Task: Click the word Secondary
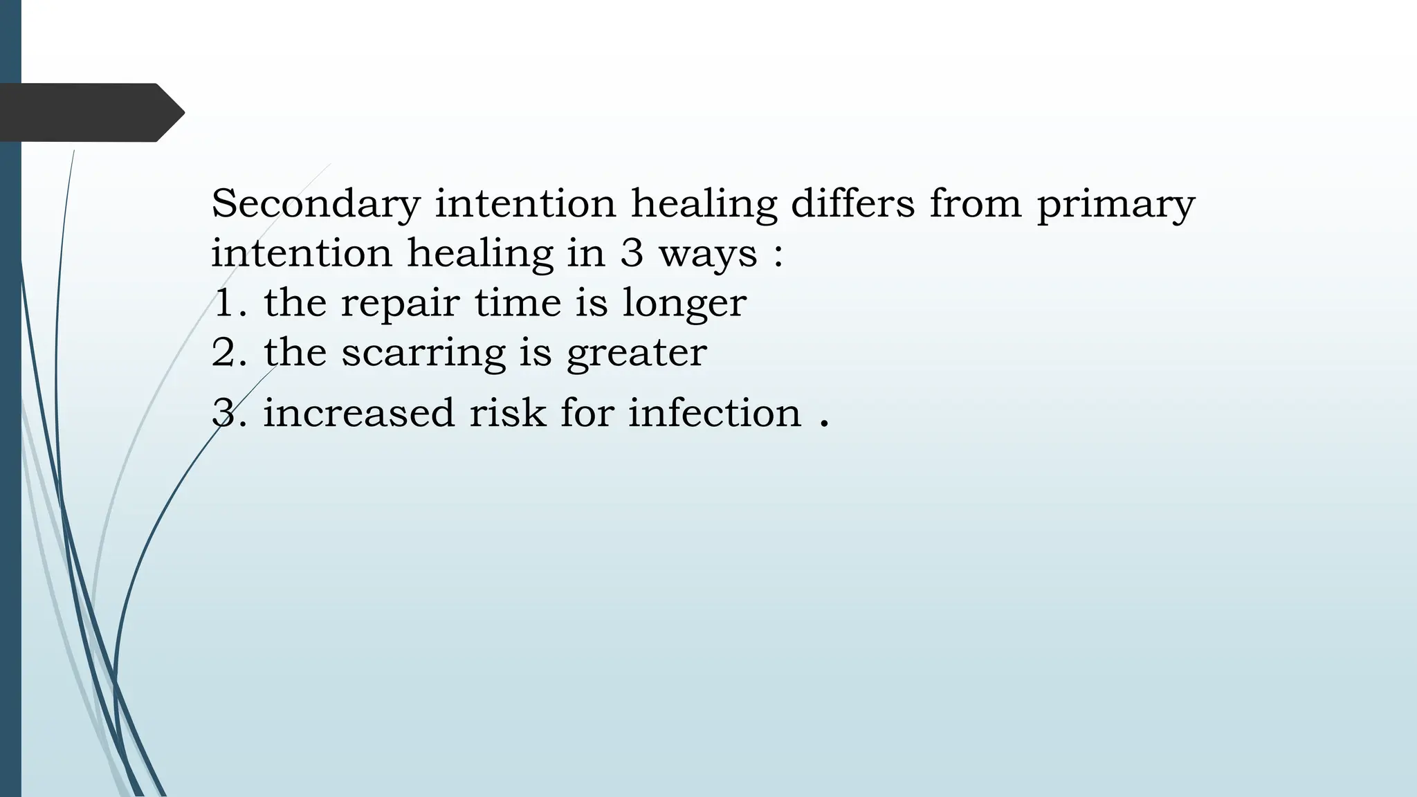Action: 316,204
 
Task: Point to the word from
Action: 975,204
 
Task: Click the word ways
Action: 708,255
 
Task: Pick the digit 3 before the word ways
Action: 631,253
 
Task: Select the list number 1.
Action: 226,303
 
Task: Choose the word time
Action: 517,303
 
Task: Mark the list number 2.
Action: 226,353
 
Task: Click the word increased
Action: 358,413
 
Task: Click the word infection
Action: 714,413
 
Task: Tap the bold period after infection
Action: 823,423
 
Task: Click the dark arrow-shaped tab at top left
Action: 90,112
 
